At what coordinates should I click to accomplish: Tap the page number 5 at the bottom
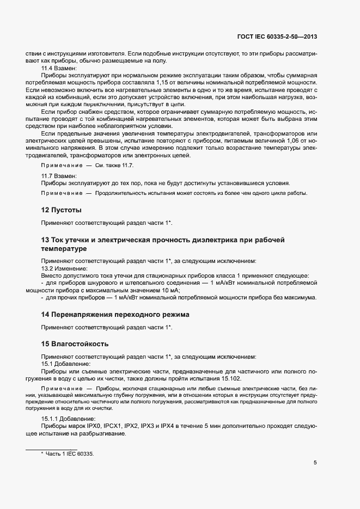coord(315,463)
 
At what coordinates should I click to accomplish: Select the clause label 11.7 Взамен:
coord(59,176)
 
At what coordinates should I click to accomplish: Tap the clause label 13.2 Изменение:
coord(64,268)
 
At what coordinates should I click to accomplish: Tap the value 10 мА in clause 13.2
coord(170,291)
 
